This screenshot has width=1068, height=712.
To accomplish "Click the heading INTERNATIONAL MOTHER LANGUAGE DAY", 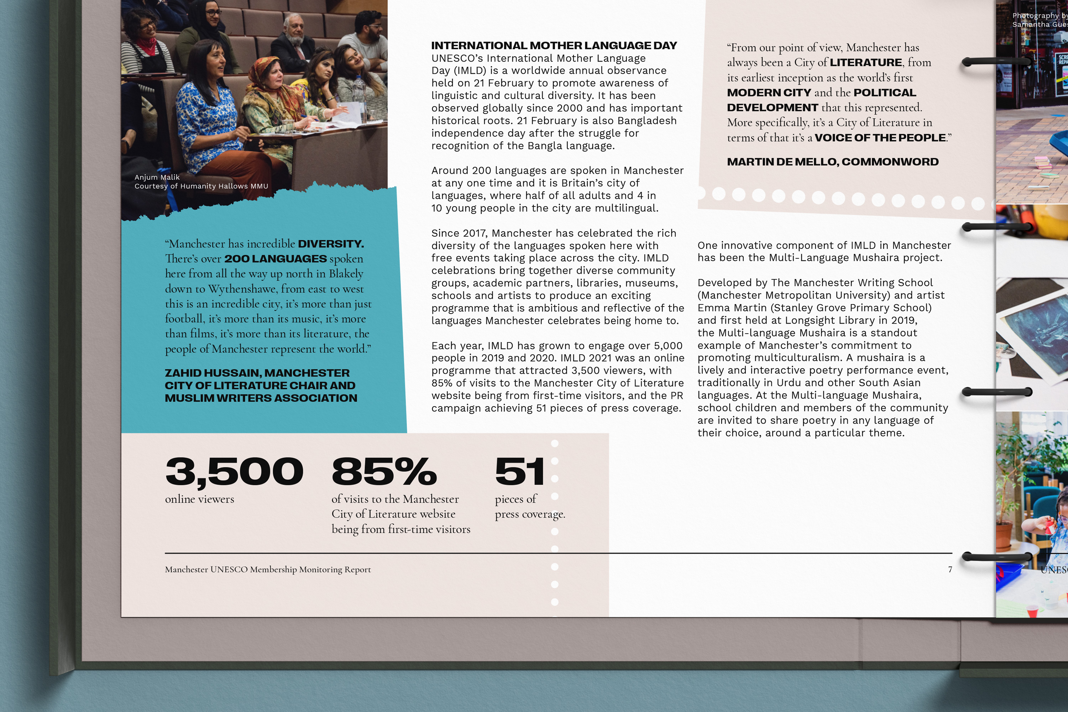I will click(x=554, y=46).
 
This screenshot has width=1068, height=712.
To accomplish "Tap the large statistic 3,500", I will click(x=234, y=471).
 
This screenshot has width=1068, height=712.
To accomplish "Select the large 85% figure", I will click(x=384, y=471).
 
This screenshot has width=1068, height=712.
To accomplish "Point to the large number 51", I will click(x=519, y=471).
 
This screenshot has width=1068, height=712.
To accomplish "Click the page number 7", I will click(x=949, y=569).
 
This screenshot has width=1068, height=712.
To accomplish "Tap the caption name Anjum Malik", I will click(x=157, y=177).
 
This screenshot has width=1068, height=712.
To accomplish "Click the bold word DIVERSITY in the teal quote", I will click(x=331, y=244).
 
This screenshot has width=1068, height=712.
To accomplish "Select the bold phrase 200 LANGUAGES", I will click(x=275, y=259).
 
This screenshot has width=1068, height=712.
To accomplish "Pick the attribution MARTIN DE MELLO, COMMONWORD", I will click(x=832, y=162).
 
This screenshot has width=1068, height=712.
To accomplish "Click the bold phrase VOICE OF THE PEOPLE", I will click(x=880, y=137).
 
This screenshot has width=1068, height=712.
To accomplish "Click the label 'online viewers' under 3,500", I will click(x=199, y=499).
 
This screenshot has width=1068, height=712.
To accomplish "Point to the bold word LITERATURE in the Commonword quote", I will click(x=866, y=62).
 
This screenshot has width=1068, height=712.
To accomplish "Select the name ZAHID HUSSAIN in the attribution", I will click(x=213, y=373).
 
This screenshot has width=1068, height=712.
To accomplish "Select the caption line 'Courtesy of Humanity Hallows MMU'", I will click(x=201, y=186).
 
